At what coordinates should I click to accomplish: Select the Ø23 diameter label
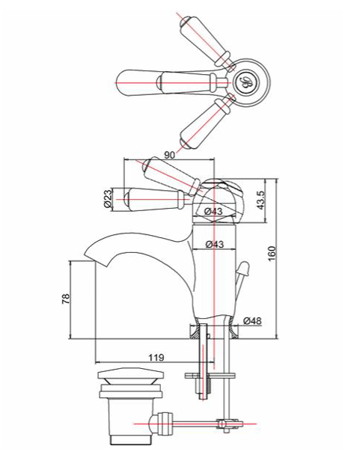click(x=108, y=198)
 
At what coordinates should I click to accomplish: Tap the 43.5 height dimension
click(x=260, y=201)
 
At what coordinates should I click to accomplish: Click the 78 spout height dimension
click(x=66, y=299)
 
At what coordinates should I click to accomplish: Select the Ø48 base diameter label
click(x=251, y=321)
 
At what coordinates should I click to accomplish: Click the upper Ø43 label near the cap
click(x=213, y=213)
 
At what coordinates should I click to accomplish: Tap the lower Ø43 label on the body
click(x=215, y=244)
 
